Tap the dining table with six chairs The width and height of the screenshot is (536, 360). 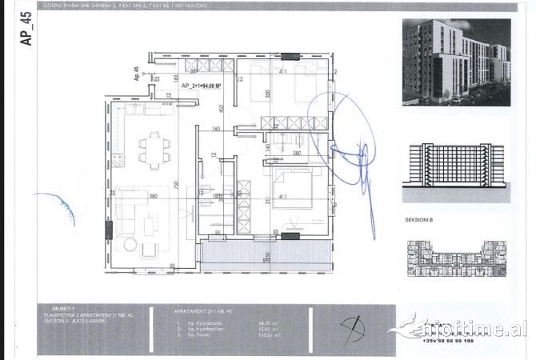pyautogui.click(x=154, y=149)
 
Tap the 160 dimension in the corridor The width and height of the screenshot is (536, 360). pyautogui.click(x=216, y=129)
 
